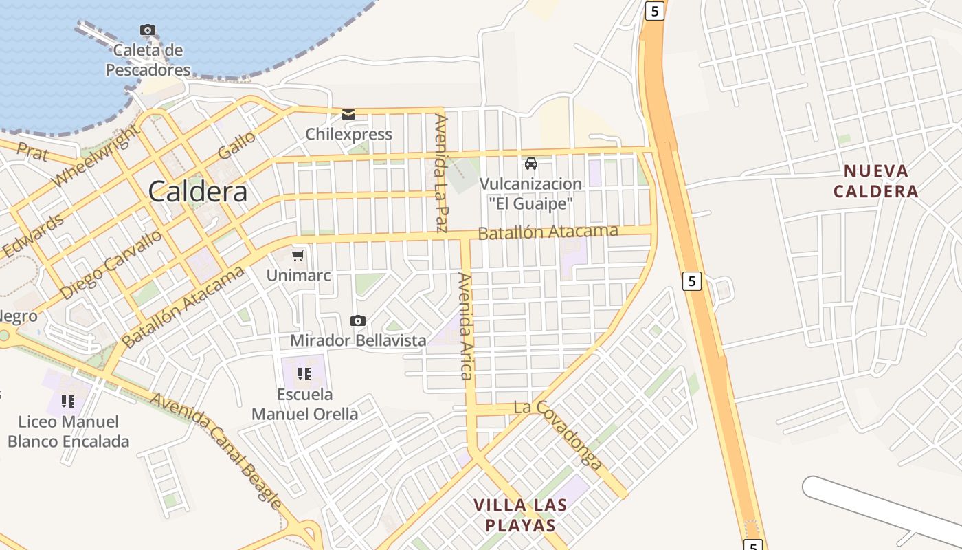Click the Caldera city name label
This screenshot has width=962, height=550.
[x=198, y=191]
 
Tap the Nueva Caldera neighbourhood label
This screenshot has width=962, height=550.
[x=876, y=181]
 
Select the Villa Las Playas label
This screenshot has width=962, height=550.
[x=520, y=516]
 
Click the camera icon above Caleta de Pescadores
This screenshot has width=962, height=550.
[x=147, y=30]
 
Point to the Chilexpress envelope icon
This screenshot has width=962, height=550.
[x=348, y=115]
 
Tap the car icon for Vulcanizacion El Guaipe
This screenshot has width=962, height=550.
[x=530, y=164]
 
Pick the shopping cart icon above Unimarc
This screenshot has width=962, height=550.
[x=298, y=256]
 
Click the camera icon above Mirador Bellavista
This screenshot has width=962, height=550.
[x=357, y=320]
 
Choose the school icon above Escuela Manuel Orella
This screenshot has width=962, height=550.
[x=304, y=374]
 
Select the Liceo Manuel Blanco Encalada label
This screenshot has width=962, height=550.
[x=68, y=431]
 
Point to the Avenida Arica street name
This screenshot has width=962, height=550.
[x=466, y=327]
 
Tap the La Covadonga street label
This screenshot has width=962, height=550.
[x=560, y=435]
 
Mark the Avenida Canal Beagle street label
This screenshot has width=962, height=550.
[x=216, y=451]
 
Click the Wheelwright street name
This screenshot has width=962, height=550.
[x=96, y=156]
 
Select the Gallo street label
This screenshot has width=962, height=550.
[x=236, y=145]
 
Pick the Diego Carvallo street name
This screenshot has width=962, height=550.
[x=111, y=265]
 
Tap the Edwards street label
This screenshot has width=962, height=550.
[x=32, y=236]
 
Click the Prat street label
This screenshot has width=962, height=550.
[x=32, y=153]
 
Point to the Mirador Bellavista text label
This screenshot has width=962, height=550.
[x=358, y=340]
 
